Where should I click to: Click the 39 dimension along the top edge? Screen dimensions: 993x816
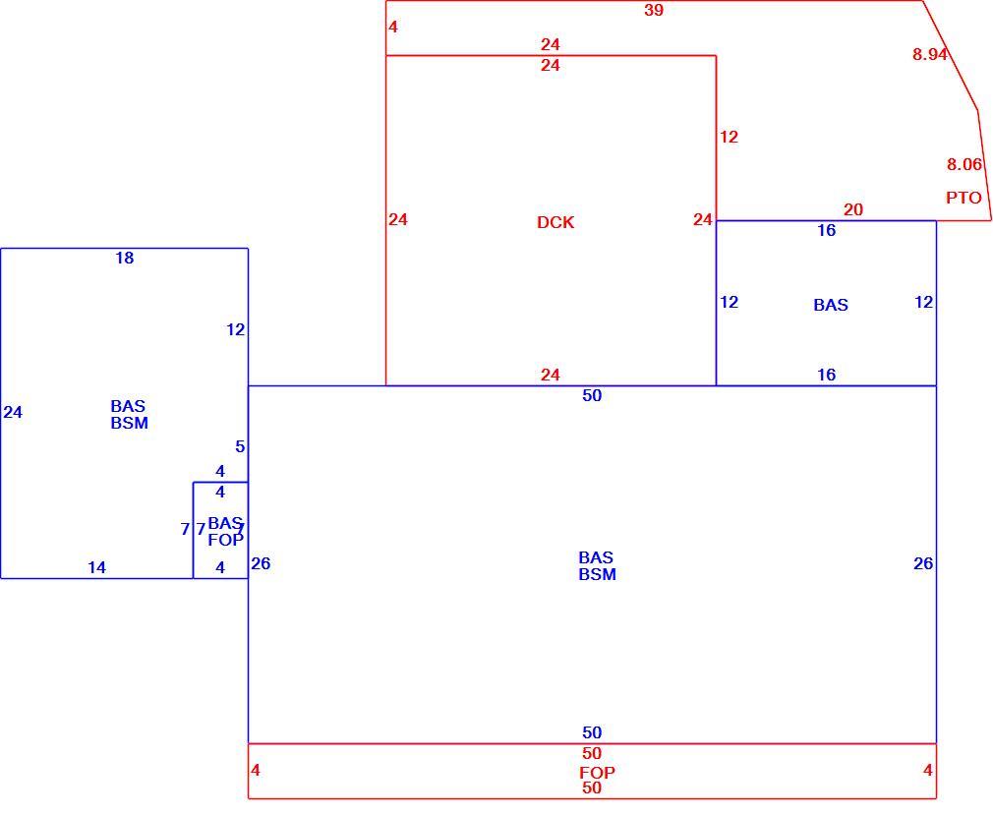[654, 10]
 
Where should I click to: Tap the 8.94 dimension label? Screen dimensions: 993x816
[930, 54]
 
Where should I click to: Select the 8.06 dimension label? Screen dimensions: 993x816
[964, 164]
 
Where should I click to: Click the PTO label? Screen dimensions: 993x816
[964, 199]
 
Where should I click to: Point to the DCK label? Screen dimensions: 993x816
[555, 222]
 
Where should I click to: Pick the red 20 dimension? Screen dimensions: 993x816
[853, 209]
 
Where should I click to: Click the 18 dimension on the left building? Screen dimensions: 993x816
[125, 258]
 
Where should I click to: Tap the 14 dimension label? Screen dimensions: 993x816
[97, 567]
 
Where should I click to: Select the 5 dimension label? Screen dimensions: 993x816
[240, 446]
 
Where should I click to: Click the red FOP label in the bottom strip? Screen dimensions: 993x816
[597, 773]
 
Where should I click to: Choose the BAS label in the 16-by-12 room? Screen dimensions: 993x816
[830, 305]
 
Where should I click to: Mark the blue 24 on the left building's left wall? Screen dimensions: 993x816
[13, 412]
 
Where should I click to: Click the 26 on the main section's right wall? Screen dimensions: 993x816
[923, 563]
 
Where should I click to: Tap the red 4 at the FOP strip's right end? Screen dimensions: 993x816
[928, 770]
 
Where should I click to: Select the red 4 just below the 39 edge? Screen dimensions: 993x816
[393, 27]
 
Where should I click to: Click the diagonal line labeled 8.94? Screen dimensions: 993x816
[950, 55]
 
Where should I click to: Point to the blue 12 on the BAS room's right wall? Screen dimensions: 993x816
[924, 302]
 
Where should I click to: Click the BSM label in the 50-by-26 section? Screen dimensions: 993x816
[597, 574]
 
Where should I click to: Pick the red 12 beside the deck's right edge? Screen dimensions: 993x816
[729, 137]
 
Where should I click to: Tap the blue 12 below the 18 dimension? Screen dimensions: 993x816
[236, 329]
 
